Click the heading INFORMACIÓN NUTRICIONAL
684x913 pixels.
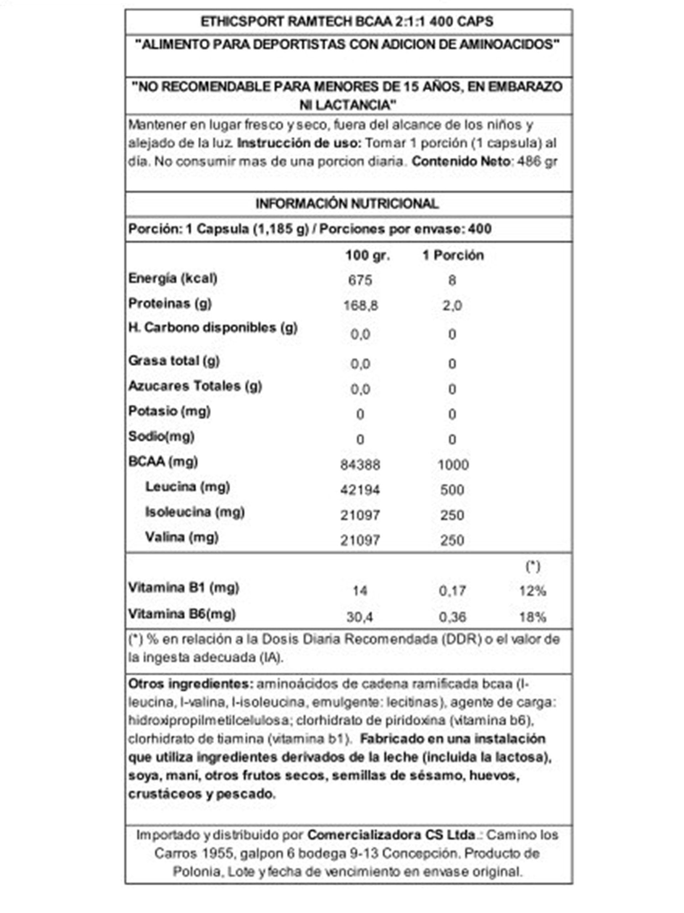pyautogui.click(x=346, y=204)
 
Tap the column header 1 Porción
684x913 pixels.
pyautogui.click(x=453, y=255)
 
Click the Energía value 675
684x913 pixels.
pyautogui.click(x=360, y=280)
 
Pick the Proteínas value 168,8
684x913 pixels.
pyautogui.click(x=360, y=305)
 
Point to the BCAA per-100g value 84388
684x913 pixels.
pyautogui.click(x=360, y=465)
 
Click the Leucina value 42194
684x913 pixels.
pyautogui.click(x=360, y=490)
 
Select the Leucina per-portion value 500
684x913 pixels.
pyautogui.click(x=452, y=490)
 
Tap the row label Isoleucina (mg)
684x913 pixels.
pyautogui.click(x=195, y=512)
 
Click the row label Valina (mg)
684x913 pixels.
pyautogui.click(x=181, y=537)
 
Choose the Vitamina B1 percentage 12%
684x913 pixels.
pyautogui.click(x=532, y=591)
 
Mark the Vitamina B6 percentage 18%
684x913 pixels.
pyautogui.click(x=532, y=617)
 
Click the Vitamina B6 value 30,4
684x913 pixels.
pyautogui.click(x=360, y=617)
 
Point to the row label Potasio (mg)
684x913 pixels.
pyautogui.click(x=169, y=411)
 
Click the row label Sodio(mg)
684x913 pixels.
pyautogui.click(x=161, y=436)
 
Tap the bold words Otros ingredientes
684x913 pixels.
pyautogui.click(x=190, y=684)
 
